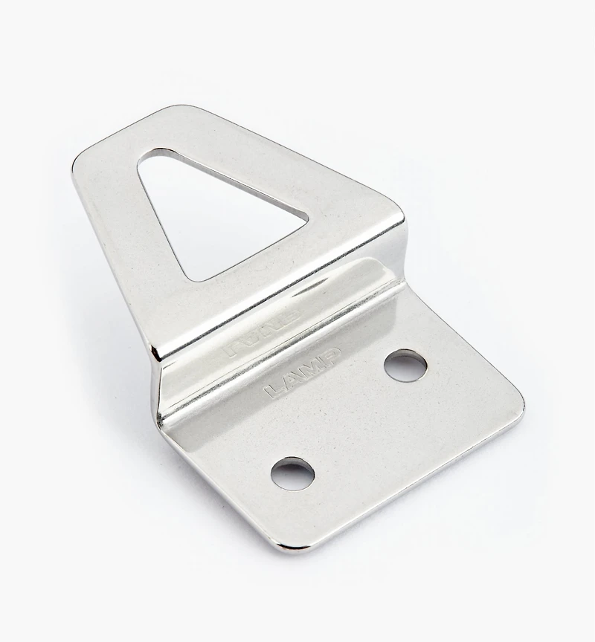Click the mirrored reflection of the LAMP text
pos(263,334)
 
